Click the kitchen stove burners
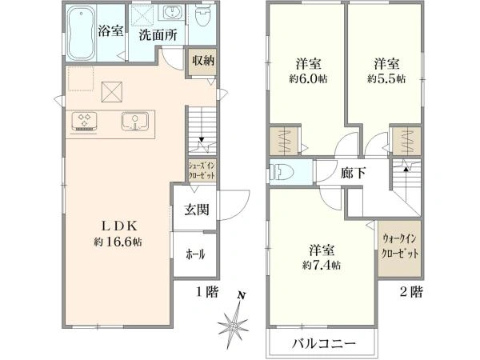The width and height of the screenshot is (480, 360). pos(85,122)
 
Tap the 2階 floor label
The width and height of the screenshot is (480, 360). pos(412,293)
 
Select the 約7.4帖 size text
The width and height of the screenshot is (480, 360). pos(322,265)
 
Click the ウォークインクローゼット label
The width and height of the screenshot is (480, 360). pos(400,245)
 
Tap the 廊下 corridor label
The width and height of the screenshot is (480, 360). pos(352,172)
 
